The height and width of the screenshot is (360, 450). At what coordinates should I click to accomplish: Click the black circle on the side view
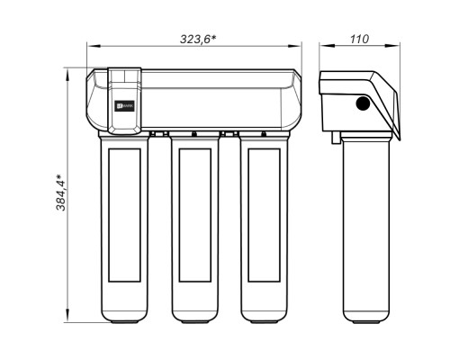(363, 103)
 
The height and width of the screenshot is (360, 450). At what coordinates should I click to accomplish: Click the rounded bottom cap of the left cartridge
(123, 313)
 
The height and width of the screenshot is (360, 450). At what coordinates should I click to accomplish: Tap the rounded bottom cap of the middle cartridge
(195, 313)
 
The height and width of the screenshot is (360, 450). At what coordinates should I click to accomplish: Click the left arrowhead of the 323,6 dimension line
(91, 47)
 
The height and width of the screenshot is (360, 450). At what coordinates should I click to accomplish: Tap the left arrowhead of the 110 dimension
(322, 47)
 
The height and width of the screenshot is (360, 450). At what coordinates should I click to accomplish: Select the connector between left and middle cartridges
(158, 134)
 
